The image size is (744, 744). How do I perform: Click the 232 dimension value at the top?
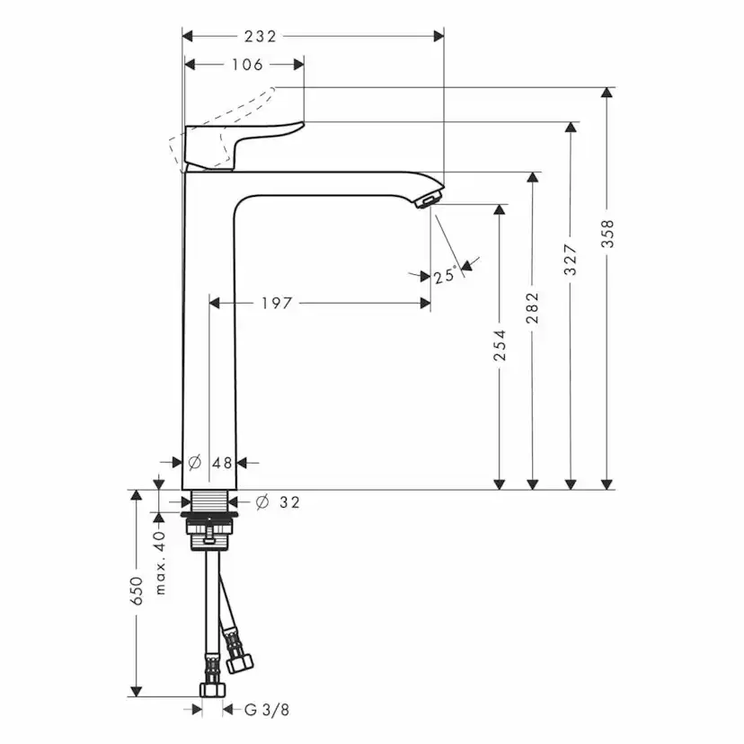click(260, 37)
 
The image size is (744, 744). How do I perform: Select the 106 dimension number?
click(247, 65)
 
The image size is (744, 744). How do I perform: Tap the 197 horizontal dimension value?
click(277, 304)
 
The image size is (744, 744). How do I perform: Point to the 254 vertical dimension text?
click(500, 347)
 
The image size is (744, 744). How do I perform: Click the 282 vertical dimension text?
click(533, 308)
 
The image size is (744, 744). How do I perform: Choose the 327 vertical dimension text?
click(570, 260)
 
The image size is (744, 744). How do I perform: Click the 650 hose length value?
click(137, 594)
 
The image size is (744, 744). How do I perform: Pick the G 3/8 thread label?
click(267, 710)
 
